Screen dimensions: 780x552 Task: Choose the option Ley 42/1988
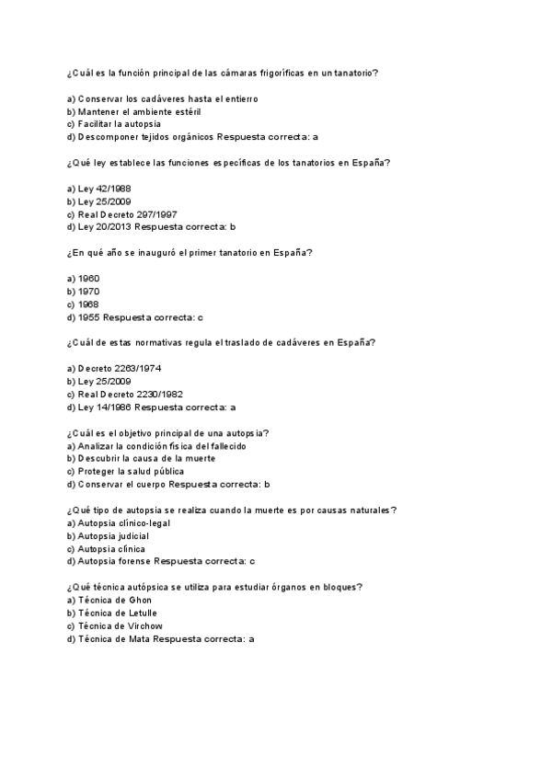tap(93, 189)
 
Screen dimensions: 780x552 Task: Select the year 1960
tap(89, 278)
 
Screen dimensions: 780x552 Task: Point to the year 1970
tap(89, 291)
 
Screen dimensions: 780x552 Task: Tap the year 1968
tap(89, 304)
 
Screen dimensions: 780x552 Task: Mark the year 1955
tap(89, 316)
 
